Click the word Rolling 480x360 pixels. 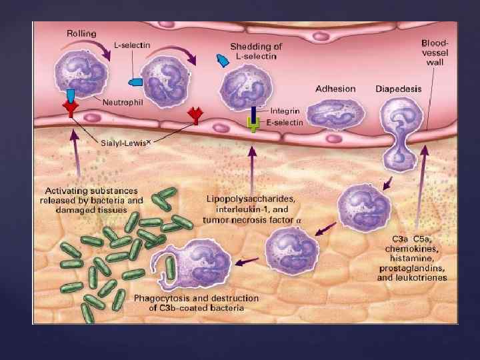point(81,33)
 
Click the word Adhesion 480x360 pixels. point(335,89)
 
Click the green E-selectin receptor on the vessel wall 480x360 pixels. point(253,124)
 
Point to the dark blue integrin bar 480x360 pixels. point(253,111)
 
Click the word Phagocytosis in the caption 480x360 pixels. point(159,297)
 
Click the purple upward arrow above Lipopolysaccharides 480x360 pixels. point(251,167)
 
